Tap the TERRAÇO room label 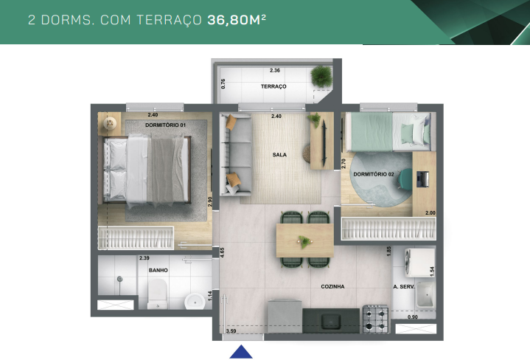273,87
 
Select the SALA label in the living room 279,155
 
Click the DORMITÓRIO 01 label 165,125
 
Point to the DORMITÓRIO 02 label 374,174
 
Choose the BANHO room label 158,271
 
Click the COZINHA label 333,286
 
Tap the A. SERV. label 405,286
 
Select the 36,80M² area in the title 234,20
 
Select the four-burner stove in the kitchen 375,318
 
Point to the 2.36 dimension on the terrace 275,70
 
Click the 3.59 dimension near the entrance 230,331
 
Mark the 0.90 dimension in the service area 412,317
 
